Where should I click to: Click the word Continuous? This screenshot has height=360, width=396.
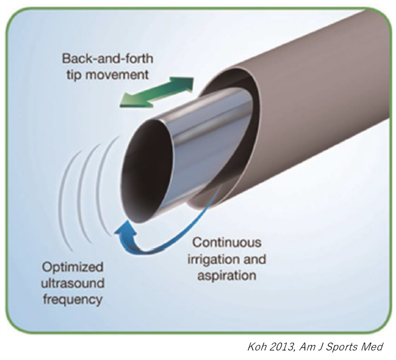pos(227,243)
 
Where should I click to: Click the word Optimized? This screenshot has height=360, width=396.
pos(73,267)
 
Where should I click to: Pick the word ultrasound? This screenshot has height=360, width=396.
pos(73,283)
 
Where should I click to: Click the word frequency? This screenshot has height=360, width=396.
pos(73,299)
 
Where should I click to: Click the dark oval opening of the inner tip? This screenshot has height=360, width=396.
pos(145,170)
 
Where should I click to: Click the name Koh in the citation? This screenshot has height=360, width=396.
pos(256,347)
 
